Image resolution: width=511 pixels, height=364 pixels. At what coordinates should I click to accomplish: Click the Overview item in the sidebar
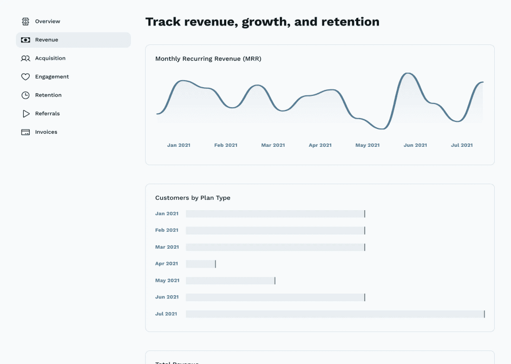(47, 22)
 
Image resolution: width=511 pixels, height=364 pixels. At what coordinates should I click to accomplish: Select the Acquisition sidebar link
(50, 58)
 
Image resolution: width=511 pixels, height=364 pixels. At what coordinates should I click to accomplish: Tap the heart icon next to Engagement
(25, 77)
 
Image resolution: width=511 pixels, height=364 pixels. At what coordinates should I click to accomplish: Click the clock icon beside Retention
(25, 95)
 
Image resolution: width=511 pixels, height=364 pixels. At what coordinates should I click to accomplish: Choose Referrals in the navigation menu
(47, 114)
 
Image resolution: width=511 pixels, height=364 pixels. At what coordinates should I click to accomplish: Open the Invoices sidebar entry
(46, 132)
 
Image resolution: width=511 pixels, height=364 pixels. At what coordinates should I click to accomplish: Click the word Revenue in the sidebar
(47, 40)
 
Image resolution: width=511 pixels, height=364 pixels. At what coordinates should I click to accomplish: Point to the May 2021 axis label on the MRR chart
(368, 145)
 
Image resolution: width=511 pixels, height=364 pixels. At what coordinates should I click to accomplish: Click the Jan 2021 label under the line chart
(179, 145)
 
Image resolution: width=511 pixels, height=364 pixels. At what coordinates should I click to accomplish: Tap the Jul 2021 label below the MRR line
(462, 145)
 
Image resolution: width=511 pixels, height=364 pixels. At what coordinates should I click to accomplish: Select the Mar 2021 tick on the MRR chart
(273, 145)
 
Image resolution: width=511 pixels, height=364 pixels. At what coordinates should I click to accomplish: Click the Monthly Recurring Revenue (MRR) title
(208, 59)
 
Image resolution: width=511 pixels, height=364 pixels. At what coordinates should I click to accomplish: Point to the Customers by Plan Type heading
(193, 198)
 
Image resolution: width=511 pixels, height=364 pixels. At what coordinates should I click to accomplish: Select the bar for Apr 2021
(200, 264)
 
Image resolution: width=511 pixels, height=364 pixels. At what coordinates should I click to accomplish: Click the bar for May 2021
(230, 281)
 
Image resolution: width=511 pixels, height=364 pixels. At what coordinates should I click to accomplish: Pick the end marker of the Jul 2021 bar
(484, 314)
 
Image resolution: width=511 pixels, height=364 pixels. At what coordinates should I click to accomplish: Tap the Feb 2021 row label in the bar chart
(167, 230)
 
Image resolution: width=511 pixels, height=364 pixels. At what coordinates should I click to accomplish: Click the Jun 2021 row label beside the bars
(167, 297)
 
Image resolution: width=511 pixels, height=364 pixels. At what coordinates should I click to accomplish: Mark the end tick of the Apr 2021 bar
(215, 264)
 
